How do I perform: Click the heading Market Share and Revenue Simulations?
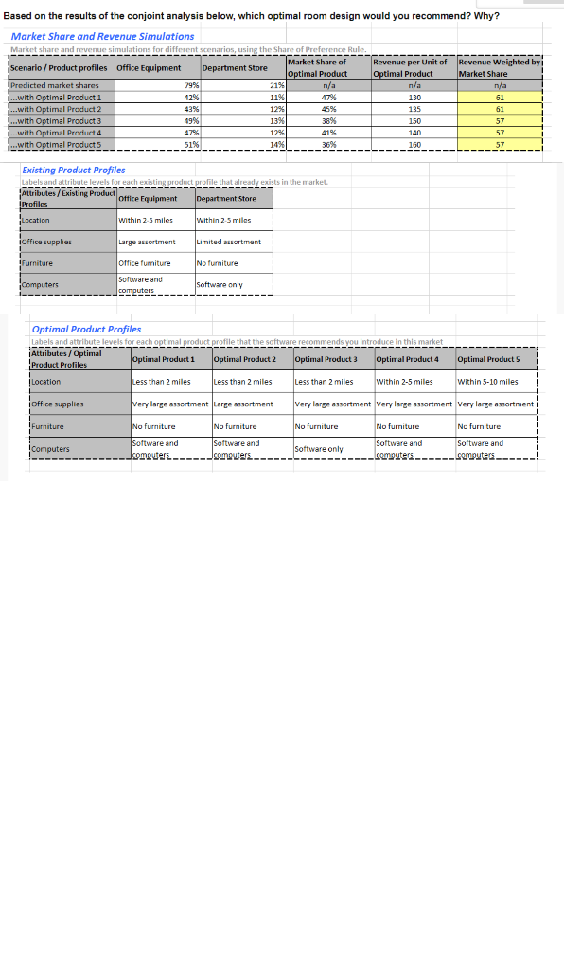click(x=102, y=36)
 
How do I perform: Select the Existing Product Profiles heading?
click(x=73, y=170)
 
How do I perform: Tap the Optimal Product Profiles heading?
click(x=86, y=329)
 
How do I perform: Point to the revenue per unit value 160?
click(x=414, y=145)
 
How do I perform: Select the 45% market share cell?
click(x=329, y=109)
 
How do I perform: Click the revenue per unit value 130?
click(x=414, y=98)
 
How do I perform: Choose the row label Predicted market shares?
click(x=54, y=86)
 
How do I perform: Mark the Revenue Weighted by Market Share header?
click(x=498, y=68)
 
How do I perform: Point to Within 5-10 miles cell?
click(x=487, y=382)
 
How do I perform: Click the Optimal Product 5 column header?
click(x=487, y=359)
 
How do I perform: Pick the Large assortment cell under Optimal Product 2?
click(x=243, y=404)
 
